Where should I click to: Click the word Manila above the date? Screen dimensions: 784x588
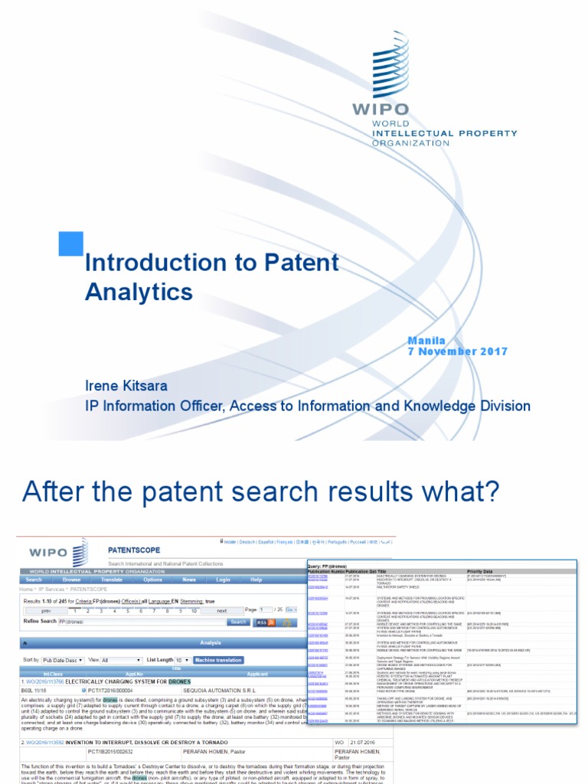click(x=426, y=340)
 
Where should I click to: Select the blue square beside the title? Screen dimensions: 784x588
click(x=71, y=243)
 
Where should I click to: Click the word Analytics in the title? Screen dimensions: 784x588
click(x=139, y=292)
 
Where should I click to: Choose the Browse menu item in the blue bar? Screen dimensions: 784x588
click(x=71, y=580)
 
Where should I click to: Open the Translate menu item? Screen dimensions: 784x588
click(x=112, y=580)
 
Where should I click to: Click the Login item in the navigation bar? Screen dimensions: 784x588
click(x=223, y=580)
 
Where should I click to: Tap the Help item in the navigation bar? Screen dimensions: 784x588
click(x=256, y=580)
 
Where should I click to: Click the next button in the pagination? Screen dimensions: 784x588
click(x=222, y=611)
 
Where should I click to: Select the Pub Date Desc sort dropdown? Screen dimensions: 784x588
click(x=62, y=659)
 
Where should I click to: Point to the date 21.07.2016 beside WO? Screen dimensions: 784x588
click(x=364, y=742)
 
